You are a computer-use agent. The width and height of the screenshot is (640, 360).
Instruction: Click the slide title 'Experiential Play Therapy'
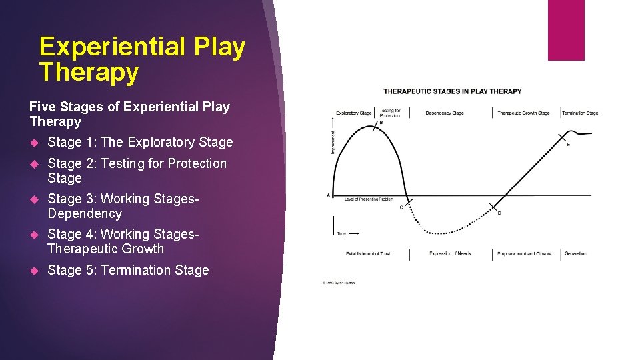click(142, 59)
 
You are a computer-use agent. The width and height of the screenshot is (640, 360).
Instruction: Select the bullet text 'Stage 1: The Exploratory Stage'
click(140, 142)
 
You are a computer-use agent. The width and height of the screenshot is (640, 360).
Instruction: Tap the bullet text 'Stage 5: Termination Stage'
click(128, 270)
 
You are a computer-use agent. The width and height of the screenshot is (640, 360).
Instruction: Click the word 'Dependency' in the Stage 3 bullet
click(85, 214)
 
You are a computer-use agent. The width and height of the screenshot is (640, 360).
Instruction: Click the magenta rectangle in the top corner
click(565, 30)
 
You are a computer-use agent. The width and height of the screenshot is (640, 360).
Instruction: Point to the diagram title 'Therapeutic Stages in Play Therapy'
click(453, 91)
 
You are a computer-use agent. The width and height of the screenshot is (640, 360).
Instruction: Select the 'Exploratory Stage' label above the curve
click(353, 113)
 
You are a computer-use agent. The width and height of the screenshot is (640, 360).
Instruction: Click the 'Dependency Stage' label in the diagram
click(444, 113)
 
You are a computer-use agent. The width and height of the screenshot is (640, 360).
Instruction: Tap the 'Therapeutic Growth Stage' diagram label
click(523, 113)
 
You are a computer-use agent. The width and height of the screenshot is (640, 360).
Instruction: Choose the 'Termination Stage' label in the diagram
click(580, 113)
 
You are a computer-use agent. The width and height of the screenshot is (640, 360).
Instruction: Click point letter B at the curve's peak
click(381, 123)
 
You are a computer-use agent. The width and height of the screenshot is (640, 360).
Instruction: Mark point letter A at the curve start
click(328, 195)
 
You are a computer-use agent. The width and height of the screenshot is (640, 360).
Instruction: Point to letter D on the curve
click(499, 213)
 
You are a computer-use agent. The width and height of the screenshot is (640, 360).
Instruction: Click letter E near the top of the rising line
click(568, 144)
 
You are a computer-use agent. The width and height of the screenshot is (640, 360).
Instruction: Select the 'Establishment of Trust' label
click(368, 254)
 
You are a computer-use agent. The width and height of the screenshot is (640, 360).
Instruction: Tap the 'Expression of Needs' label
click(450, 254)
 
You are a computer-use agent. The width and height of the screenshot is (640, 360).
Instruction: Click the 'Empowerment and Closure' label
click(524, 254)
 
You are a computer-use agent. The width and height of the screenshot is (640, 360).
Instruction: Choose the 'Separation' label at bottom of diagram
click(575, 254)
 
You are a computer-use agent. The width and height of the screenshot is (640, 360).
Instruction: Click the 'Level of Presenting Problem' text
click(369, 199)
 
